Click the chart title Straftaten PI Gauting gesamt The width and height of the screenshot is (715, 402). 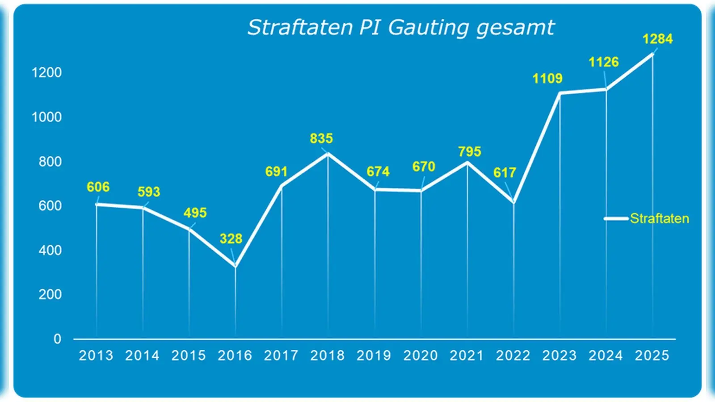401,28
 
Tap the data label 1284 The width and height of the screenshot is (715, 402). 657,39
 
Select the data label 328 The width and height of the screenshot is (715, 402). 231,239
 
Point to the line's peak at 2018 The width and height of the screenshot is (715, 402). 328,154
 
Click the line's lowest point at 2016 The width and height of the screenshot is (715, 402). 236,266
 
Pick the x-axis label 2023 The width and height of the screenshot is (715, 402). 559,356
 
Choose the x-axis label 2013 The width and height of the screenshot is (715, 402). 96,356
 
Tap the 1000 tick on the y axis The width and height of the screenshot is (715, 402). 46,117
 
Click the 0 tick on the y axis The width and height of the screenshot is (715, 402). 57,339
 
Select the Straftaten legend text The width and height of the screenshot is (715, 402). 659,218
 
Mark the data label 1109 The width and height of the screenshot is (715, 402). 547,79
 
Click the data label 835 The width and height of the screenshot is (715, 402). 321,138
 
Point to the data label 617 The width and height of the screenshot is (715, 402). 505,173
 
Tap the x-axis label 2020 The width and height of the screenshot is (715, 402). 420,356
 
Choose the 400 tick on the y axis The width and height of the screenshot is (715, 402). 50,250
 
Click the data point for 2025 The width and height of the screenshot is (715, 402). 652,54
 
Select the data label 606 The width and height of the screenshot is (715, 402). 98,187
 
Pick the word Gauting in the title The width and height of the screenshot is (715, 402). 428,28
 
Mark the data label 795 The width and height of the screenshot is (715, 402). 469,152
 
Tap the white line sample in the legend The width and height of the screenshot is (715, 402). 616,218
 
